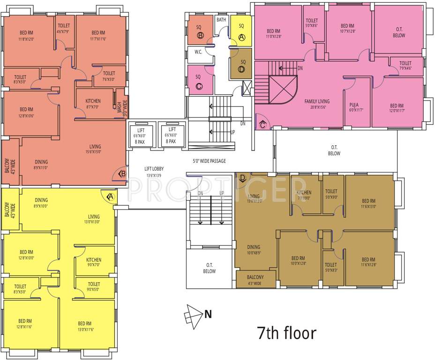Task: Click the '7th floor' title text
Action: tap(286, 333)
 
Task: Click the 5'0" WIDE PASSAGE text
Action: tap(209, 161)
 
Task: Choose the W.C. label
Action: tap(198, 52)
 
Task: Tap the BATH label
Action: tap(221, 20)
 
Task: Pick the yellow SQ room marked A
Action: tap(242, 32)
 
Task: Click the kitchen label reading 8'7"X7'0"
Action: tap(93, 104)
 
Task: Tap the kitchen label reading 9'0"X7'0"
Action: tap(94, 262)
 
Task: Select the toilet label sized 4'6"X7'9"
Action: tap(63, 29)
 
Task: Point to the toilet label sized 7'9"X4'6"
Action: tap(405, 66)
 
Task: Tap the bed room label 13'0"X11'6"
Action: tap(85, 327)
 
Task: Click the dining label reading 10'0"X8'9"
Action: tap(254, 250)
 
